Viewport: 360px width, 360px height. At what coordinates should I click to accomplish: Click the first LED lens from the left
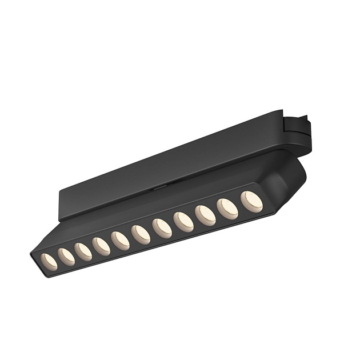(50, 261)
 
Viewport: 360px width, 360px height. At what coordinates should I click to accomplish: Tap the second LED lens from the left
(66, 257)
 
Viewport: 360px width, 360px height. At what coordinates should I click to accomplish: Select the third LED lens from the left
(83, 251)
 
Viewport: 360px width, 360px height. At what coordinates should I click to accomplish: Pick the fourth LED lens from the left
(102, 246)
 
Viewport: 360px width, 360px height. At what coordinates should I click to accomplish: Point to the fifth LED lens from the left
(121, 240)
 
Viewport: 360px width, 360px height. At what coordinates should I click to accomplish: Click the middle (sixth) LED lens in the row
(141, 234)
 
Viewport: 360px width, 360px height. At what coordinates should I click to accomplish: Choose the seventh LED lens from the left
(162, 228)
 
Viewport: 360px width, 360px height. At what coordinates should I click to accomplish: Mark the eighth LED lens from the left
(183, 222)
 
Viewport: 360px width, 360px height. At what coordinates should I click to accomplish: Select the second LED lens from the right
(227, 209)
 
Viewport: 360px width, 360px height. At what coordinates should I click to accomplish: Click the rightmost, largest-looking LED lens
(251, 202)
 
